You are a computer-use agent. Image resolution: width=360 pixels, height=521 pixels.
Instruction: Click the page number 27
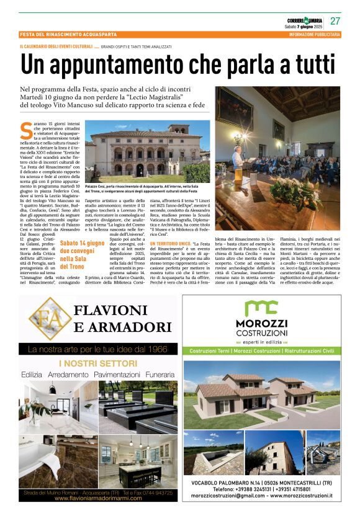click(335, 20)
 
